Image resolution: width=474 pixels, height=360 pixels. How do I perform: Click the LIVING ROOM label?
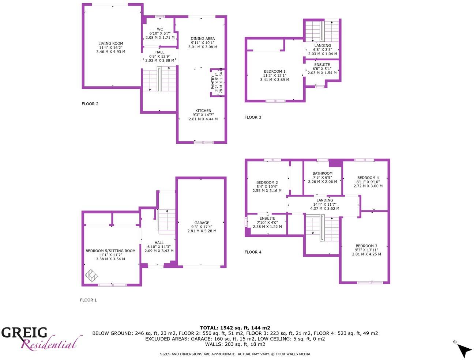click(110, 43)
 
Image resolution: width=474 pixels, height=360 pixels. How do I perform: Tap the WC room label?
click(160, 30)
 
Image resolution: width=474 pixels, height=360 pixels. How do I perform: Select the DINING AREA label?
click(203, 39)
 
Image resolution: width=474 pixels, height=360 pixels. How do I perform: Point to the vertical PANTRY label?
click(213, 83)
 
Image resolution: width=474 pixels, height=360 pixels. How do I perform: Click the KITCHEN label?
click(203, 111)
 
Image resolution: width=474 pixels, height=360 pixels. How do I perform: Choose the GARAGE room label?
click(202, 223)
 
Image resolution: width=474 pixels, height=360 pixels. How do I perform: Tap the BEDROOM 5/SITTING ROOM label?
click(110, 251)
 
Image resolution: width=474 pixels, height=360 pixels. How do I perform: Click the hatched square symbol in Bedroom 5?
click(91, 275)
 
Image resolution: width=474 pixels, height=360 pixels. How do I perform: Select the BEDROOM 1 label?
click(274, 72)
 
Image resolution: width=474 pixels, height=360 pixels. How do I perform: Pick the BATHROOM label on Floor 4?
click(322, 174)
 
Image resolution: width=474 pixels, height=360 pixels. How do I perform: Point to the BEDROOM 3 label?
click(366, 246)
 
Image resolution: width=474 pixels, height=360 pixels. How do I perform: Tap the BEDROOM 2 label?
click(267, 183)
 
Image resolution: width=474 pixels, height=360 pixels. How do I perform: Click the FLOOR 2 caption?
click(90, 104)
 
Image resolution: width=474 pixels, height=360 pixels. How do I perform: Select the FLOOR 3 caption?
click(253, 118)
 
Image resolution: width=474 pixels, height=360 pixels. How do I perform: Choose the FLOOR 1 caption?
click(89, 300)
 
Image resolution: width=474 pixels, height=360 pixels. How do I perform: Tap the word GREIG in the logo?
click(24, 333)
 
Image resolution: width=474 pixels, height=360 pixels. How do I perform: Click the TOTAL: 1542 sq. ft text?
click(235, 328)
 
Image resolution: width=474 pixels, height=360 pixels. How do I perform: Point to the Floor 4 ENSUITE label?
click(267, 219)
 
